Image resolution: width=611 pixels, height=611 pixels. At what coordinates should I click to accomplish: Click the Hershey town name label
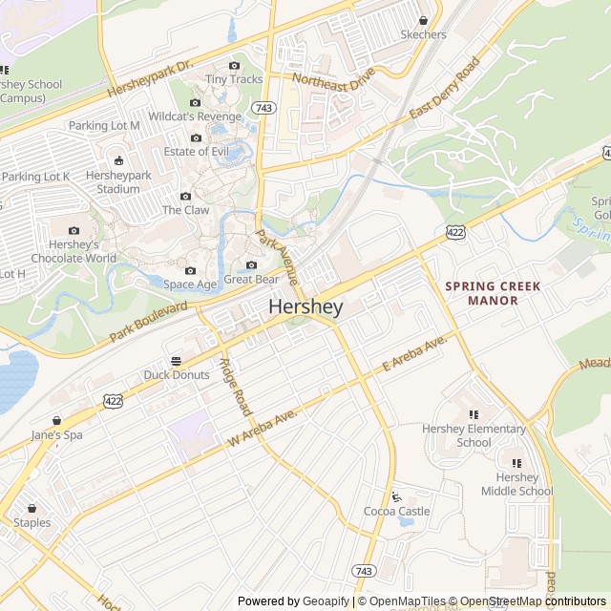click(x=305, y=307)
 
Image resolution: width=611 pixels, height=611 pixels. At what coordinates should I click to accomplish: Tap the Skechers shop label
click(x=423, y=34)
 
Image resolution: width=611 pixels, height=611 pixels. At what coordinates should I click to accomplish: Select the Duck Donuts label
click(x=176, y=375)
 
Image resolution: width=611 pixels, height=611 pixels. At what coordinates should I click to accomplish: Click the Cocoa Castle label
click(x=396, y=512)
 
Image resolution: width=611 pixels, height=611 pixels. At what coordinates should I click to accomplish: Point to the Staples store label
click(x=32, y=522)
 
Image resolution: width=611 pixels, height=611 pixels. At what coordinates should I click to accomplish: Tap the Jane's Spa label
click(x=57, y=435)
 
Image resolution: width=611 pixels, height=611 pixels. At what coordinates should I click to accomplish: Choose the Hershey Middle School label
click(x=516, y=484)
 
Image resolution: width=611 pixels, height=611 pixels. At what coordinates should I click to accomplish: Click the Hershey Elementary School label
click(x=474, y=435)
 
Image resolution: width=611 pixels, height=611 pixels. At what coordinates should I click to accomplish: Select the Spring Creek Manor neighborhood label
click(x=492, y=293)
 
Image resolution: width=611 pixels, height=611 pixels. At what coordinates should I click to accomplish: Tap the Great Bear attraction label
click(x=251, y=280)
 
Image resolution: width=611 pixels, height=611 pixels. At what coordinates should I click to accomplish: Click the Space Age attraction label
click(x=190, y=284)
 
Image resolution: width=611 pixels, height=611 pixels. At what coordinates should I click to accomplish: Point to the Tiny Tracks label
click(x=234, y=79)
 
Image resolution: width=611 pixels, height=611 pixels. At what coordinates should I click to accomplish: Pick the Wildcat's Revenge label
click(x=195, y=116)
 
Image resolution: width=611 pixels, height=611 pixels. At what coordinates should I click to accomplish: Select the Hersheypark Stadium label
click(x=118, y=182)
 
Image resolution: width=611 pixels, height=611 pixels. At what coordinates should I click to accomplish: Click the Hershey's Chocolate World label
click(x=74, y=251)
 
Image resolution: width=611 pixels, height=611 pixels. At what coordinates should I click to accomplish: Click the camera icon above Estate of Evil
click(x=196, y=137)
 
